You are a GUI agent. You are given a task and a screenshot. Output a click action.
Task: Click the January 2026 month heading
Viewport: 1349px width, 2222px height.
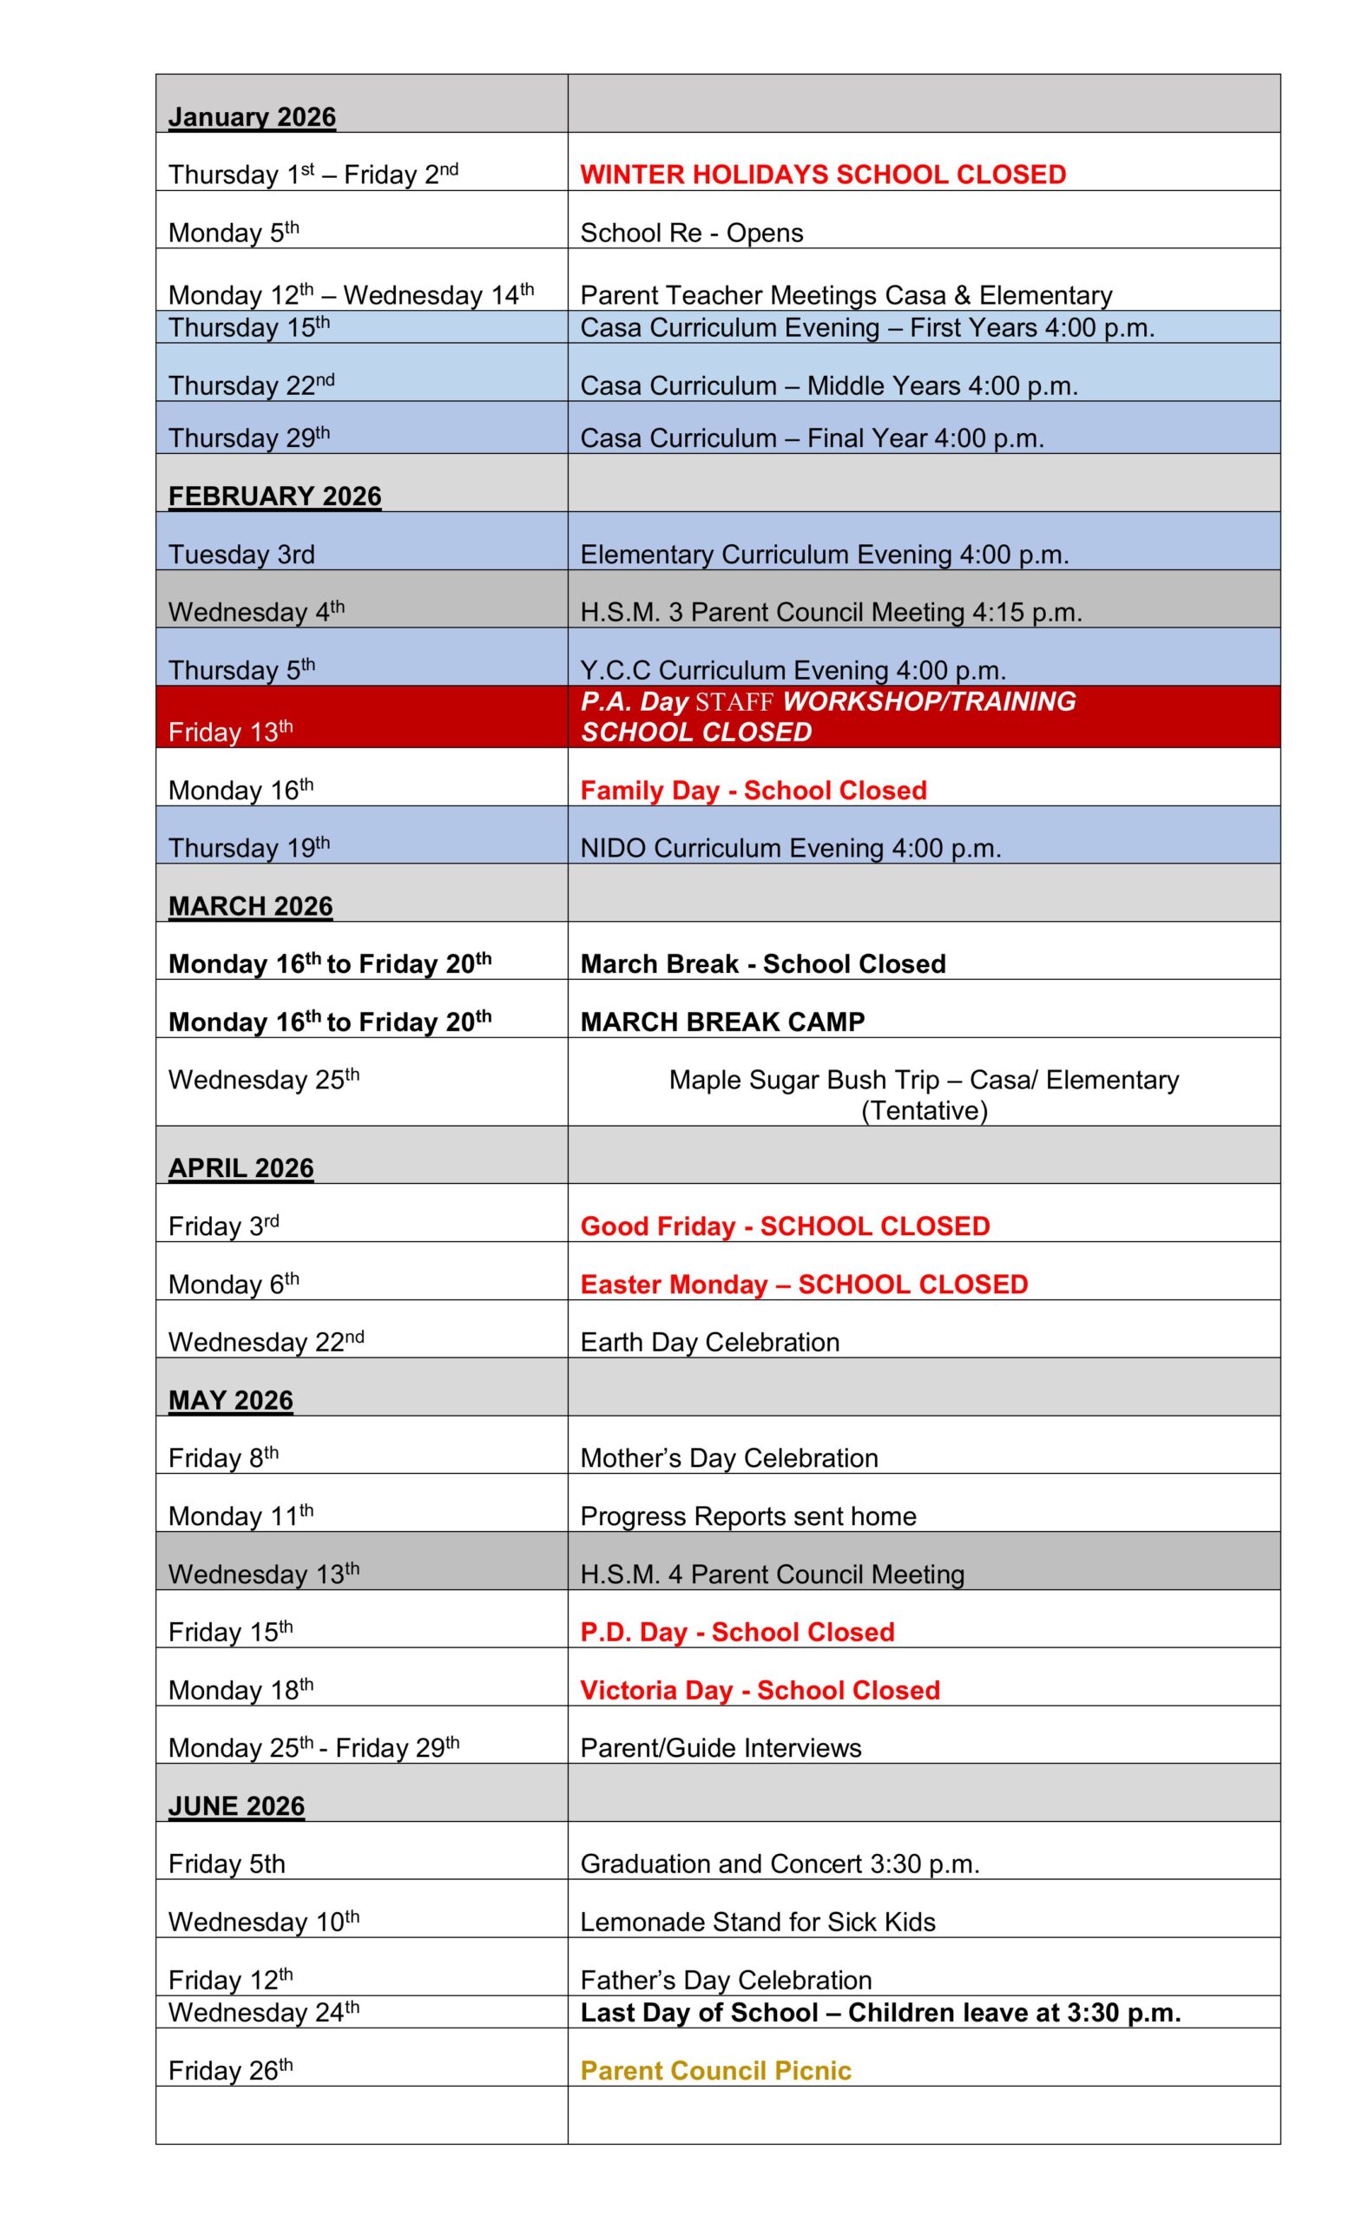(252, 117)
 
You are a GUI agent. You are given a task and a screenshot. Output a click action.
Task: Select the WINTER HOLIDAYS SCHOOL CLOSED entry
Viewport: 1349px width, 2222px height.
(822, 174)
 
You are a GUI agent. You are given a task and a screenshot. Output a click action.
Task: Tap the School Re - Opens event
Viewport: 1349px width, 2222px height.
(691, 233)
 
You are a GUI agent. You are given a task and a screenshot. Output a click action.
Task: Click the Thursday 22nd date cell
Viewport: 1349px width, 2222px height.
(251, 385)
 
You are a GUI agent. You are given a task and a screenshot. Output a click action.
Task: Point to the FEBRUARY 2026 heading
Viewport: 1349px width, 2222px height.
(274, 496)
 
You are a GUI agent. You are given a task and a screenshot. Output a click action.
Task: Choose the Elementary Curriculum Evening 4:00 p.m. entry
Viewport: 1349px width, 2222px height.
(824, 554)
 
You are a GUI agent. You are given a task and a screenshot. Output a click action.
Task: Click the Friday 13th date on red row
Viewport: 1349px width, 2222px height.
(230, 732)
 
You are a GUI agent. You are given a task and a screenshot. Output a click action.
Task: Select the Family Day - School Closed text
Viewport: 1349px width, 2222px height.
(753, 790)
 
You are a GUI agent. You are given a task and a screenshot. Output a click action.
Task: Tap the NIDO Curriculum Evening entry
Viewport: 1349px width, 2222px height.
(790, 848)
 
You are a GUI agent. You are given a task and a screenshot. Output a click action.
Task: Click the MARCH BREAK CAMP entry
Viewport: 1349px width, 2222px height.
(722, 1022)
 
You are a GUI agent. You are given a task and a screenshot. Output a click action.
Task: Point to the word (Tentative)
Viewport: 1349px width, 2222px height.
(924, 1110)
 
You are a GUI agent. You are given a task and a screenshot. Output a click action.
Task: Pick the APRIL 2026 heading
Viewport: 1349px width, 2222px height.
(240, 1167)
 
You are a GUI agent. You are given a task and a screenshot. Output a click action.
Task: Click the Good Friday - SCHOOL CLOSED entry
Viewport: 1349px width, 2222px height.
(785, 1226)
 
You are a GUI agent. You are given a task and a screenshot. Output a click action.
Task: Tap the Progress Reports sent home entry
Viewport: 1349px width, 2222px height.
(747, 1515)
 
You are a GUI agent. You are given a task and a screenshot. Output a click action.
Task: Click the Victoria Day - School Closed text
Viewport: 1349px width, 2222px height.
(760, 1690)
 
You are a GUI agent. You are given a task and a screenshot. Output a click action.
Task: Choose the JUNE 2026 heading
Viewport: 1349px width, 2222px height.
(236, 1806)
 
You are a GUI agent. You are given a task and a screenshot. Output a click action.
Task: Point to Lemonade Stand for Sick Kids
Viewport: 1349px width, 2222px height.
(758, 1922)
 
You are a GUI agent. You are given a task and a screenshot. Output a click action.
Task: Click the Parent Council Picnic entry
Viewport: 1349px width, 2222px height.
(715, 2070)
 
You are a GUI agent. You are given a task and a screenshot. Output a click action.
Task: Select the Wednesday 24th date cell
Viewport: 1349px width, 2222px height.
(263, 2013)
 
